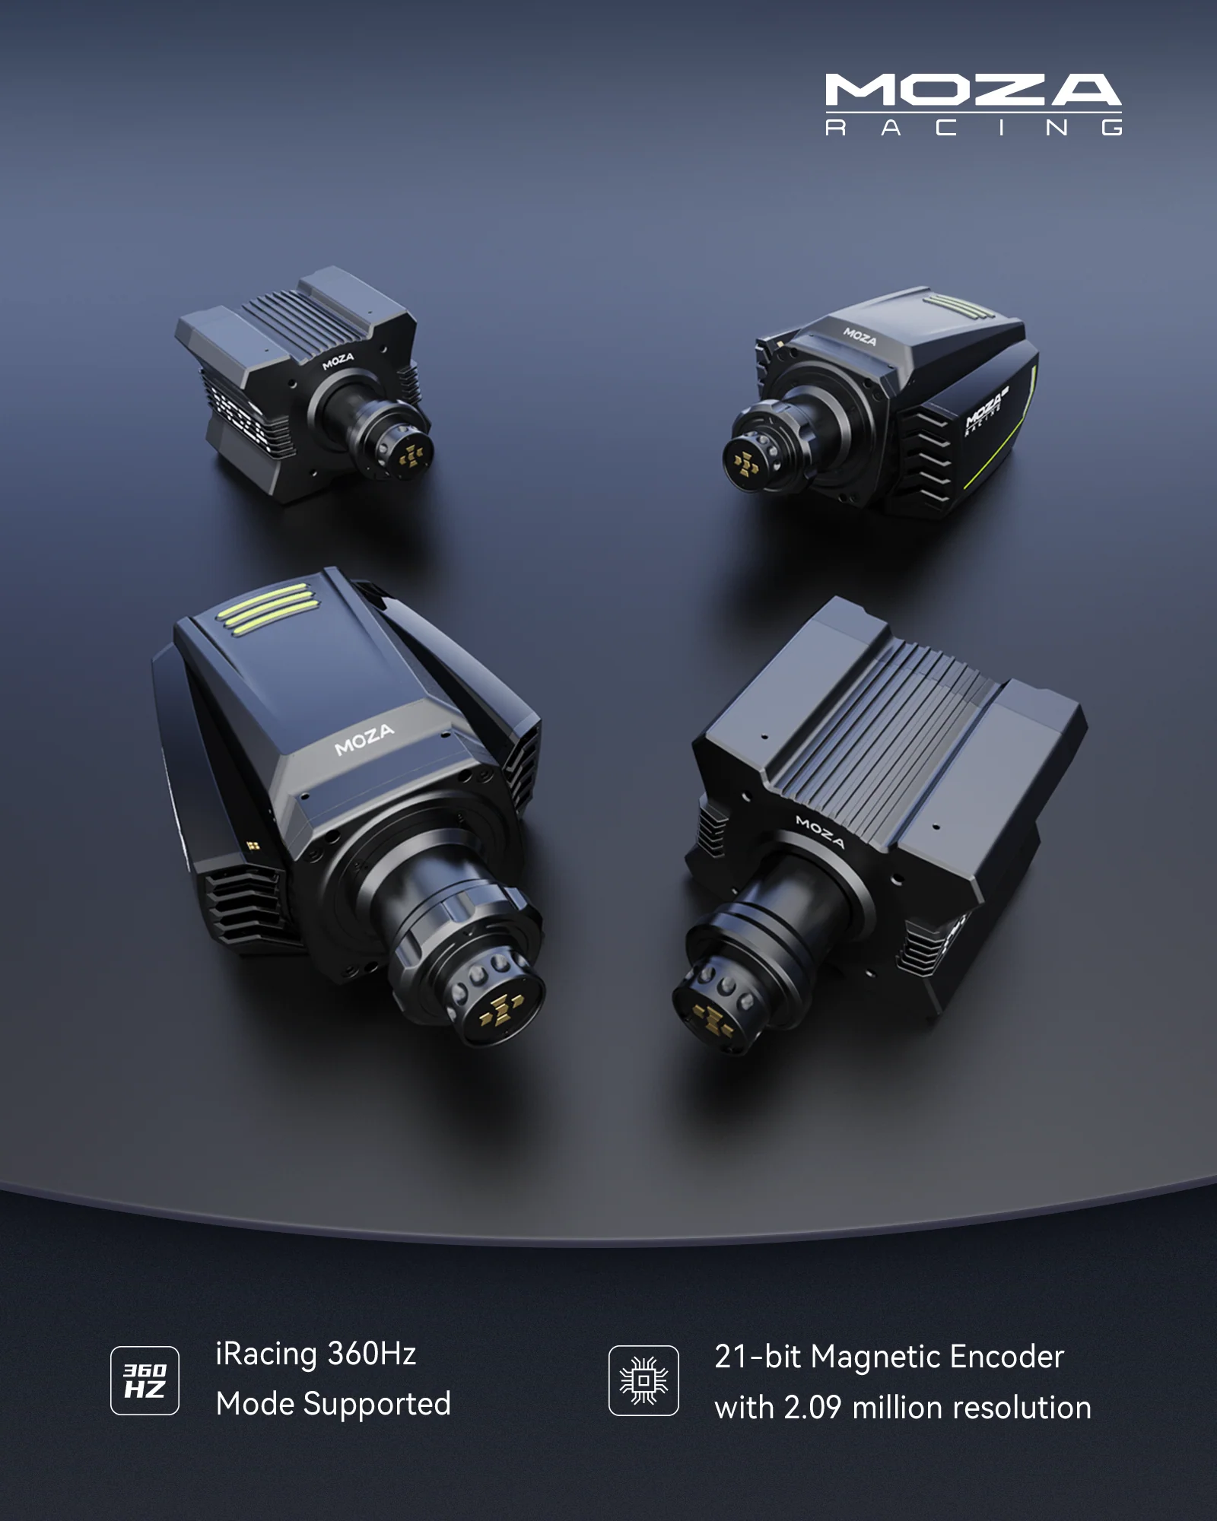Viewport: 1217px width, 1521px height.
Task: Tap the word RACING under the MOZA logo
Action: point(974,127)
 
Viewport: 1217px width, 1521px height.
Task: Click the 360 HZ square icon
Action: point(145,1380)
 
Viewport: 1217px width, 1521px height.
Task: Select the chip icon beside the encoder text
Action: point(643,1380)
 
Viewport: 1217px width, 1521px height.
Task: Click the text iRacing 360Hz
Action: point(316,1354)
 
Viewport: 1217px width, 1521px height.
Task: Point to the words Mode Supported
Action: point(333,1404)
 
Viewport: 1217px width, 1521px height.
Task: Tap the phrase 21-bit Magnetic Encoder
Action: point(889,1357)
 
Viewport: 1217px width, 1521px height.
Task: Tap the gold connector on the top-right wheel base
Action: point(745,462)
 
